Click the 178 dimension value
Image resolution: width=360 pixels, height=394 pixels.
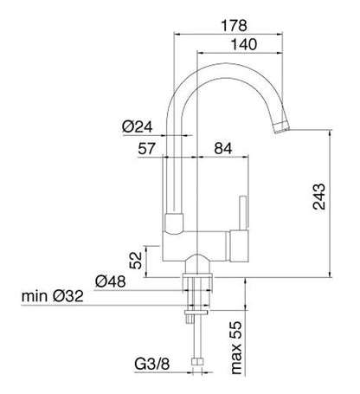pos(234,25)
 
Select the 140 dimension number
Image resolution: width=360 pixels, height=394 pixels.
pos(244,44)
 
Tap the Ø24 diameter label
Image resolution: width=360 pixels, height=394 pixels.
pos(137,126)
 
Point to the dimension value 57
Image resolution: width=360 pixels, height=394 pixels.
pos(146,149)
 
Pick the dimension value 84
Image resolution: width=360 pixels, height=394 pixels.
pos(223,149)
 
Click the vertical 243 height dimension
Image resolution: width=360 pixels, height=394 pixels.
pos(319,197)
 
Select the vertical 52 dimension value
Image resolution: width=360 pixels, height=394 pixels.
pos(136,261)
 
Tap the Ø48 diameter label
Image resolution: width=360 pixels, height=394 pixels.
pos(110,281)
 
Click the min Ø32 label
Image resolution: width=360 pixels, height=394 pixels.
pos(53,296)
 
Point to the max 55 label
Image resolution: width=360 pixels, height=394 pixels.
pos(236,348)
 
